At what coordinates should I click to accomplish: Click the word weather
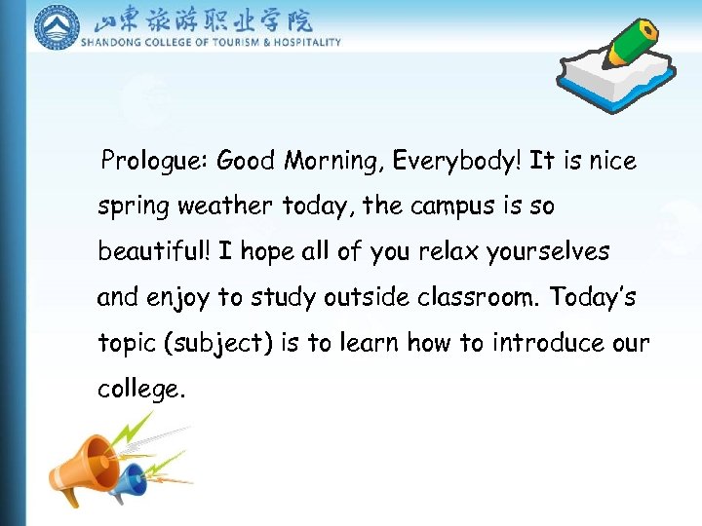tap(230, 207)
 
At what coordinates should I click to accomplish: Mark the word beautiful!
tap(154, 251)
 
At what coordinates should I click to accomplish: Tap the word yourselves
tap(548, 252)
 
